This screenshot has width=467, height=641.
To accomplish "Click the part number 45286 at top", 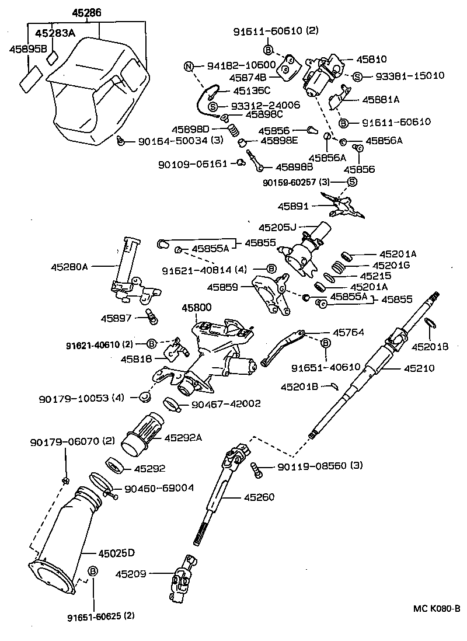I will click(x=86, y=12).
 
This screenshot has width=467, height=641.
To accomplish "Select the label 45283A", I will click(x=55, y=33).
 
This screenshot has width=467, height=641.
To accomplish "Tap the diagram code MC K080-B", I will click(x=437, y=609).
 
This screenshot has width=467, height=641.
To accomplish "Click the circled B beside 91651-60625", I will click(x=92, y=571).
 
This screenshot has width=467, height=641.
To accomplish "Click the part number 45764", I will click(x=348, y=332).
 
